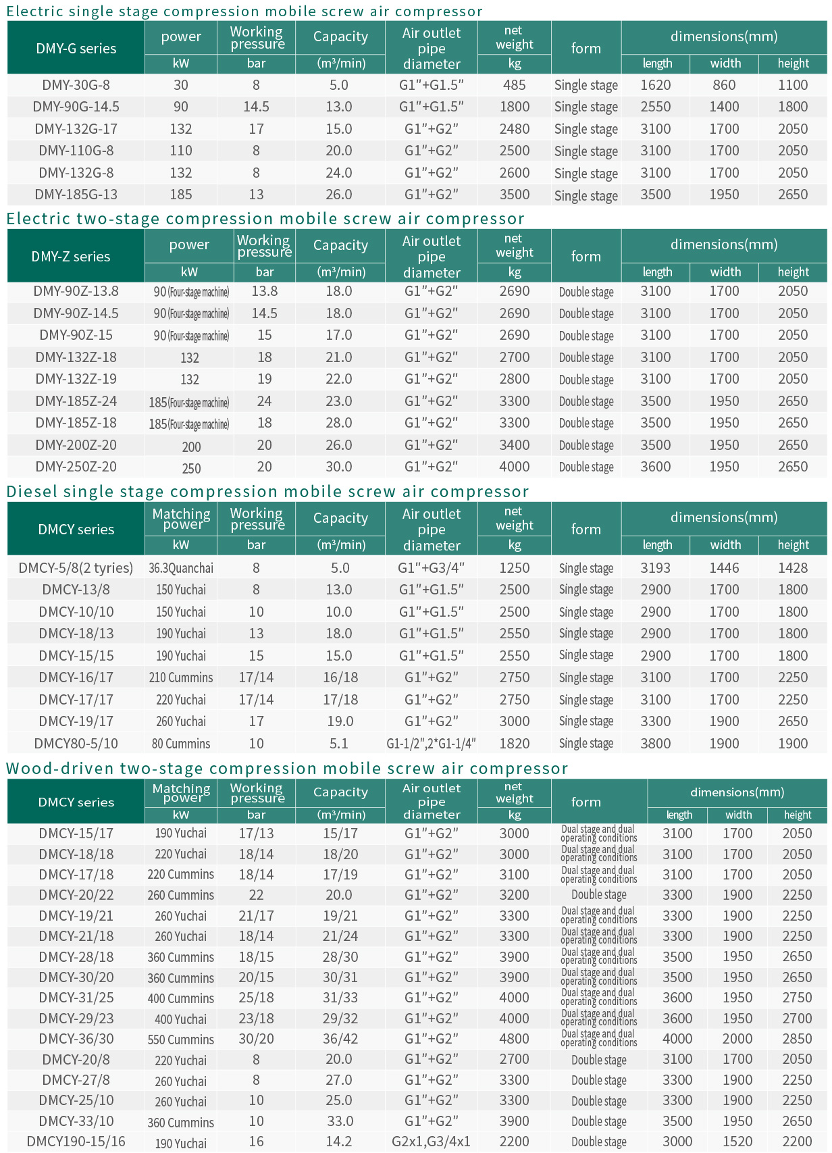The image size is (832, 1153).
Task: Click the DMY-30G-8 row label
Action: tap(76, 85)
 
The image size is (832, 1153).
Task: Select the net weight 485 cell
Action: tap(514, 85)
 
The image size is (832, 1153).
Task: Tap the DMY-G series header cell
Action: tap(76, 49)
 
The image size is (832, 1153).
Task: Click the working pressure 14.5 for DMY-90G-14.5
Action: tap(256, 107)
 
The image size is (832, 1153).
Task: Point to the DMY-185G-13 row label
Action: tap(76, 195)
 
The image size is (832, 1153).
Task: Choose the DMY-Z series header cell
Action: tap(71, 257)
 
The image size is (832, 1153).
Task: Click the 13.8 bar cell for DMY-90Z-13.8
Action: tap(265, 291)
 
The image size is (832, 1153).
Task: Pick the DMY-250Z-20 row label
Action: tap(76, 467)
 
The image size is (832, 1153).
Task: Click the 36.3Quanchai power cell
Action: tap(181, 568)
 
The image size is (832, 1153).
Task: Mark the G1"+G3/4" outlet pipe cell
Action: tap(431, 568)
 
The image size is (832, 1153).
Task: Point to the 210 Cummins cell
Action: tap(181, 677)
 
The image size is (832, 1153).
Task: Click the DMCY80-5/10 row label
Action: tap(76, 744)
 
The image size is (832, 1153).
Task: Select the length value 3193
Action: tap(656, 568)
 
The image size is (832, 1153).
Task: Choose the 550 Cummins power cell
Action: tap(181, 1040)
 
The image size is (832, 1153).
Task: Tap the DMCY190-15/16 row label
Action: tap(76, 1142)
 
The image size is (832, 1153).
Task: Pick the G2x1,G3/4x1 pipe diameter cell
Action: tap(431, 1142)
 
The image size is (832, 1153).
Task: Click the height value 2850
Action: tap(797, 1039)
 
